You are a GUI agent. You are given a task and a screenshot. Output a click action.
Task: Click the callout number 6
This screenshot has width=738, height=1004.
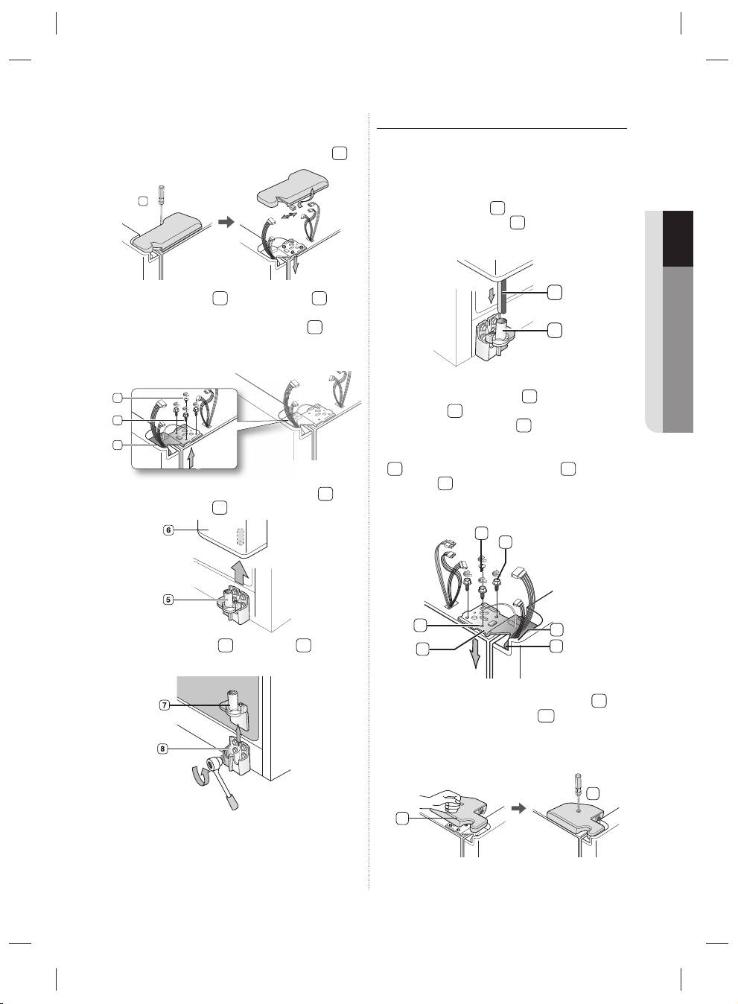(x=168, y=530)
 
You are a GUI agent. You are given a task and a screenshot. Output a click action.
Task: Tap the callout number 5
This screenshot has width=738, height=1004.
(x=168, y=600)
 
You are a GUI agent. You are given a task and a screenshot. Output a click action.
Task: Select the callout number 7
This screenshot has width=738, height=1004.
(x=165, y=705)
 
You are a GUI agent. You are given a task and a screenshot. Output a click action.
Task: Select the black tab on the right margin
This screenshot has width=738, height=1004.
(x=678, y=238)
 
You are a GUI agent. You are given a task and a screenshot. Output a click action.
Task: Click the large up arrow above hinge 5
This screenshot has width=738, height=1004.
(x=241, y=573)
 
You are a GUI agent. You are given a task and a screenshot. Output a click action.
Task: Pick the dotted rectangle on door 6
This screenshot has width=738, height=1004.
(x=241, y=536)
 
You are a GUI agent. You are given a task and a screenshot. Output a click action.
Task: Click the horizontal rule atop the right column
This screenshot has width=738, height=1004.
(x=501, y=128)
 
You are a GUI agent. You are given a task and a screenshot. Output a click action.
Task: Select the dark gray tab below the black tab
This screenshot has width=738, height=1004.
(x=678, y=349)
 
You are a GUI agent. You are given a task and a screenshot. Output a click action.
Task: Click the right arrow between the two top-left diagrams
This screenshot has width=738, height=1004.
(x=228, y=221)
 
